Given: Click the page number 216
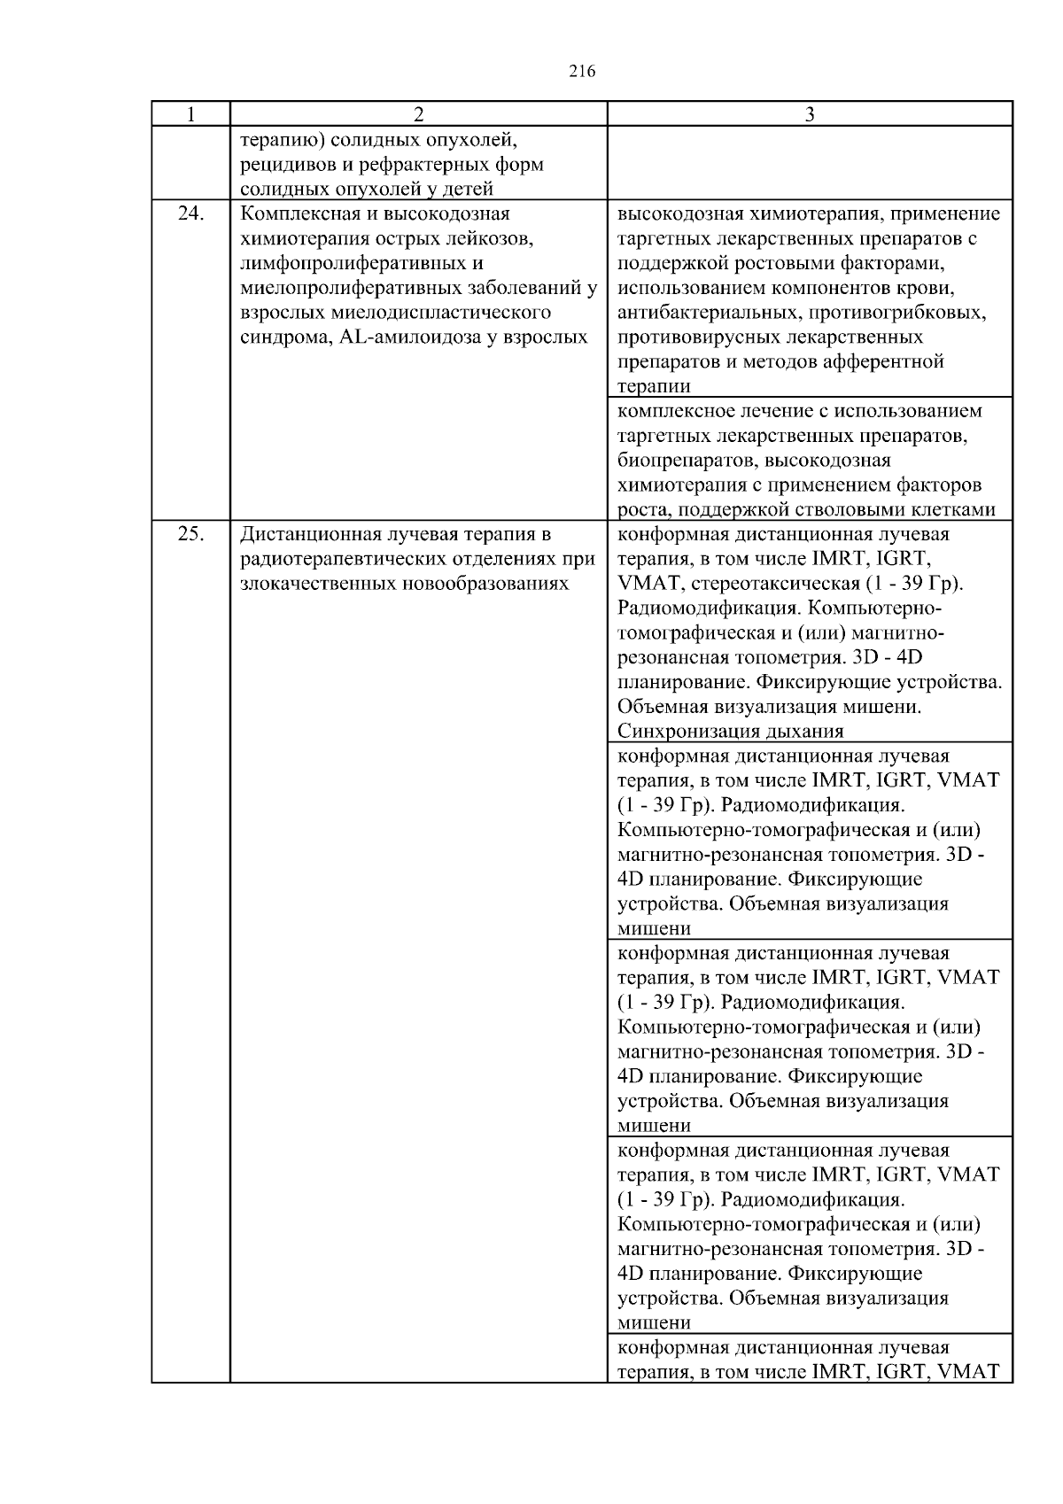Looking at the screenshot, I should tap(582, 72).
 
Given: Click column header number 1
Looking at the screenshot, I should tap(190, 114).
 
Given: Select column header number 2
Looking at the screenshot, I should tap(418, 114).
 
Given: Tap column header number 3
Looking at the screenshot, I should tap(810, 114).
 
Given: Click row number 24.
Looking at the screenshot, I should tap(190, 214).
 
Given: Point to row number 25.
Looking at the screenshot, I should tap(190, 534).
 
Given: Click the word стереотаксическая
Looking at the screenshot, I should tap(784, 584).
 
